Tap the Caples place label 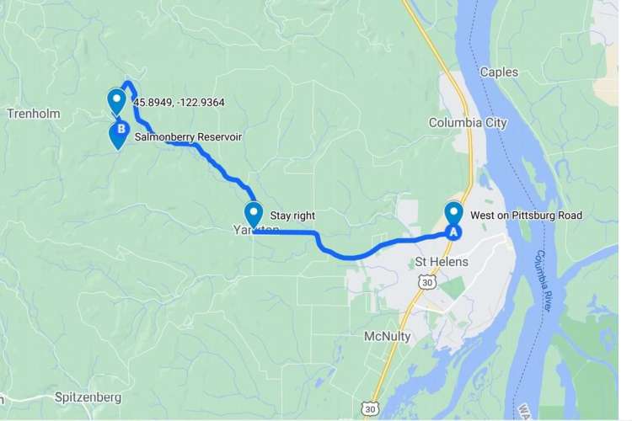[499, 72]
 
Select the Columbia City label [468, 123]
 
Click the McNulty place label [388, 336]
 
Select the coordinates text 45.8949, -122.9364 [179, 103]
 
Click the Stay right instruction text [292, 216]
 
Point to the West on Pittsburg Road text [526, 216]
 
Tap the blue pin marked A [453, 221]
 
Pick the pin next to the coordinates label [117, 102]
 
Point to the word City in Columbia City [495, 123]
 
